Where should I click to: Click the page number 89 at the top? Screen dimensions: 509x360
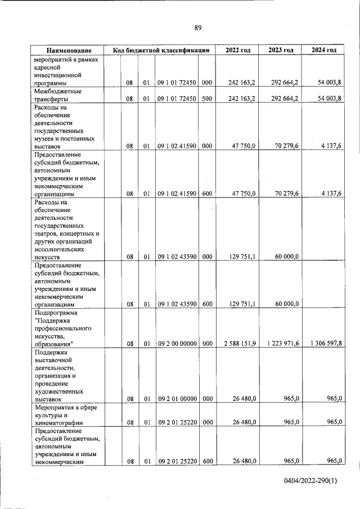[x=197, y=28]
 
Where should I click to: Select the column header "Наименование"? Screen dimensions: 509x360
[x=70, y=50]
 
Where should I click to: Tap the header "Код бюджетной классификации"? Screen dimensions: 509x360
[x=161, y=50]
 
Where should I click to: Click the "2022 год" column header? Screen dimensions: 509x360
[x=237, y=50]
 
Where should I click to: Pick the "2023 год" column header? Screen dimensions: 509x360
[x=281, y=50]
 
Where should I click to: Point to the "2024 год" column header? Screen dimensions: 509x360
[x=324, y=50]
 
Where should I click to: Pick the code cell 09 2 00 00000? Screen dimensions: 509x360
[x=177, y=343]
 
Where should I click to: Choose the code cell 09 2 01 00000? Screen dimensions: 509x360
[x=177, y=399]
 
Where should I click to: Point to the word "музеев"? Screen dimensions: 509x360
[x=46, y=138]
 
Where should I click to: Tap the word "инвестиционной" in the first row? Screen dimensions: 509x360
[x=58, y=75]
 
